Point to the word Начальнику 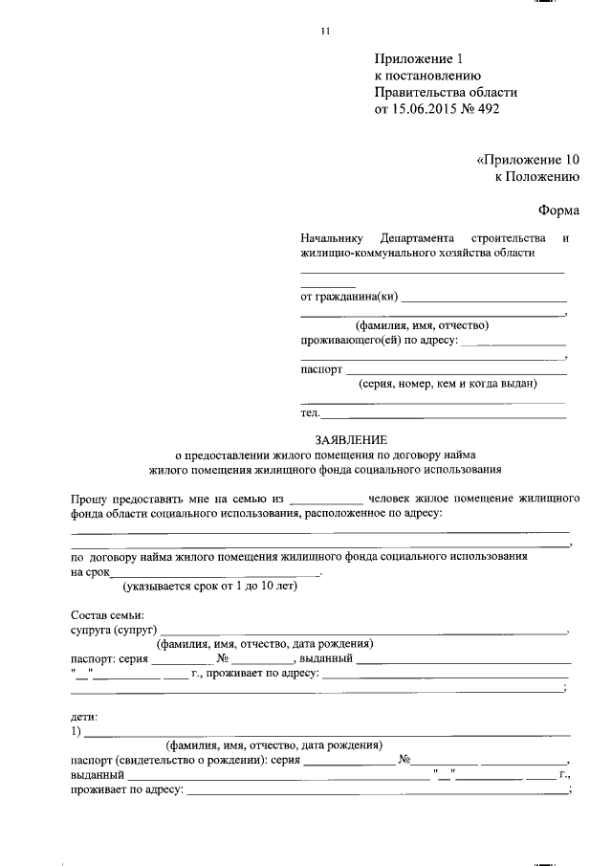(x=333, y=237)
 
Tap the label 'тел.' (x=310, y=414)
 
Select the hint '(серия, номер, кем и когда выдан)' (x=448, y=385)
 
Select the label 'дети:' (x=84, y=716)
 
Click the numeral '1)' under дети (x=76, y=732)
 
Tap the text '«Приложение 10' (x=528, y=160)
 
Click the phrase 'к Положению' (x=537, y=176)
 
